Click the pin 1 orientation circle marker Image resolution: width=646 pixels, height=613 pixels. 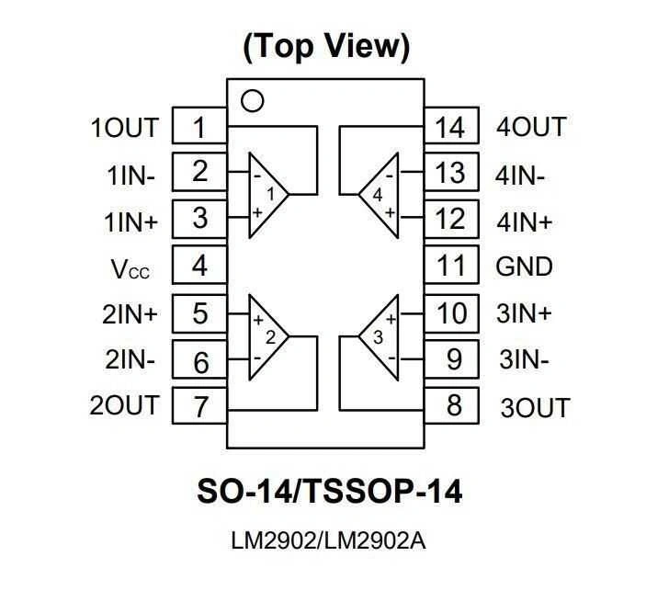[x=251, y=99]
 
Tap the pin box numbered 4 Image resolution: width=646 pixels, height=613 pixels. [x=199, y=267]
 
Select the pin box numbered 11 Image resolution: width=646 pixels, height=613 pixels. [x=451, y=267]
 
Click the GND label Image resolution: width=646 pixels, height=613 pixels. [x=525, y=267]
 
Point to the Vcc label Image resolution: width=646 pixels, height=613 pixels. [x=130, y=269]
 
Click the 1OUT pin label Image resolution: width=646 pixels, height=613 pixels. [x=124, y=128]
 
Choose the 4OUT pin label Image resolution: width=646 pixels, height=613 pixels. [x=531, y=127]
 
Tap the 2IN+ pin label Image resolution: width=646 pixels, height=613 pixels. [x=130, y=314]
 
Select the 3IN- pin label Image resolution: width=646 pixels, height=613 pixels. [x=525, y=360]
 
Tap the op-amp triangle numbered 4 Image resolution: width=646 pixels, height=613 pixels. [x=380, y=194]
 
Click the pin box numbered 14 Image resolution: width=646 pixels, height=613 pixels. [x=451, y=127]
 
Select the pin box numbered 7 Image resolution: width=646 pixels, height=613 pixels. [x=199, y=406]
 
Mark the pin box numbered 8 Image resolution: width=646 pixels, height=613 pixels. [x=451, y=404]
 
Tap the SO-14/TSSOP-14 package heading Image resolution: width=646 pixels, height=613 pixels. [x=329, y=493]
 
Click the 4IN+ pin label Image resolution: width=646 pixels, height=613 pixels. [x=525, y=221]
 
